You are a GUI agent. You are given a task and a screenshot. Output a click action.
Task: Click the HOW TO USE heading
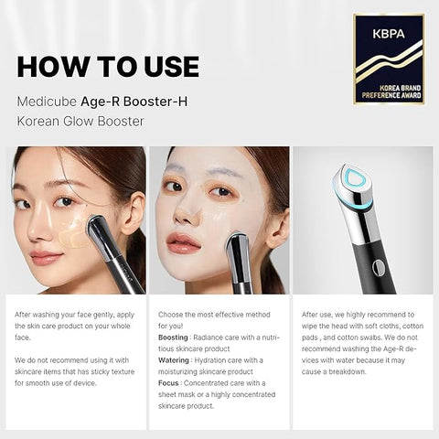click(x=108, y=67)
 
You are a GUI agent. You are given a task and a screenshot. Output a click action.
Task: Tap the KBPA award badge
click(x=389, y=59)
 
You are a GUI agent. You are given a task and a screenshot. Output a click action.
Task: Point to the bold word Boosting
click(x=174, y=337)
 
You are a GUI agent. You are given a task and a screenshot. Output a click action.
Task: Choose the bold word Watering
click(x=174, y=359)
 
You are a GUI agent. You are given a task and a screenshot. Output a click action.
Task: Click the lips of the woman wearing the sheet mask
click(x=183, y=241)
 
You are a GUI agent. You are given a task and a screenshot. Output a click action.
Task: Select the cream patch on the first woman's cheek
click(x=72, y=237)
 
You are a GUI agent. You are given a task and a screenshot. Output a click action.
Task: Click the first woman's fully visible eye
click(x=64, y=201)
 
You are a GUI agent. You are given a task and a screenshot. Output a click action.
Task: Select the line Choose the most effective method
click(x=215, y=315)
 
